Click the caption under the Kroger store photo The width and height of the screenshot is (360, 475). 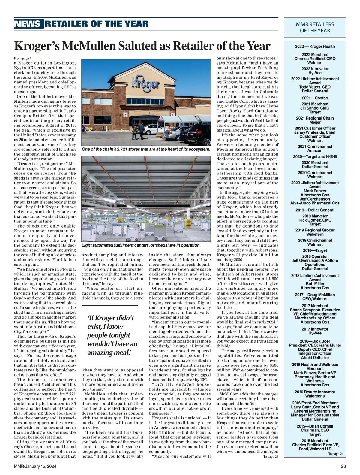pos(146,149)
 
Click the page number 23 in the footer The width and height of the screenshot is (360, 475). pos(343,466)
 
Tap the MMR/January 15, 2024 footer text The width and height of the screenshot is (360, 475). pos(35,466)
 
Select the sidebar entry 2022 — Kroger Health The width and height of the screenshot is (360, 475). pos(315,46)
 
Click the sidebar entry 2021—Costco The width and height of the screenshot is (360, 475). pos(315,98)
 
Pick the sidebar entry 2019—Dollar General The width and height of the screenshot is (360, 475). pos(315,210)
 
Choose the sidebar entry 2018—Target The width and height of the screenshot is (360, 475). pos(315,250)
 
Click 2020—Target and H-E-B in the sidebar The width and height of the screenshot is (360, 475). pos(315,156)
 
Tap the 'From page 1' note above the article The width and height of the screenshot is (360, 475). pos(22,58)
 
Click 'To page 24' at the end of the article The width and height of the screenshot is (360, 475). pos(271,457)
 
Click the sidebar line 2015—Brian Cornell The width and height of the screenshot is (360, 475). pos(315,426)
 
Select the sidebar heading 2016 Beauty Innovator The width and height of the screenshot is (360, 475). pos(315,392)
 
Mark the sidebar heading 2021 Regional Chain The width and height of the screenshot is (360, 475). pos(315,118)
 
